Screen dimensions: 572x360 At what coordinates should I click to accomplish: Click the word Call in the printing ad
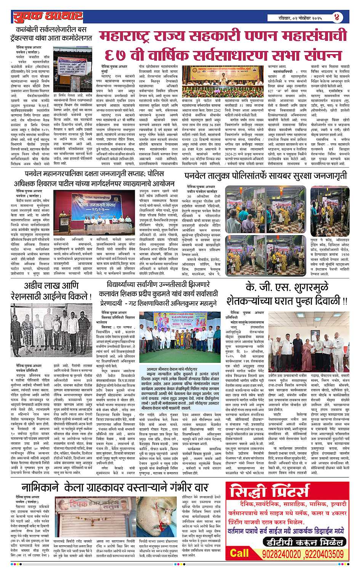click(239, 553)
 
